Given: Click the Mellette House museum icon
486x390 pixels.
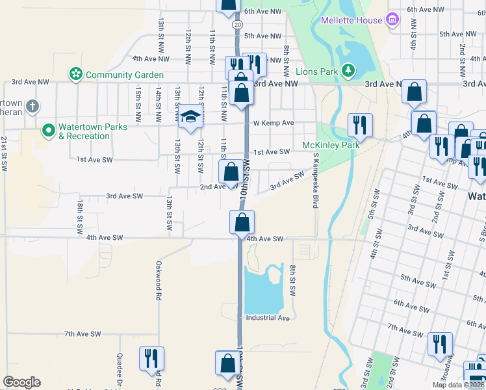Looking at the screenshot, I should pyautogui.click(x=391, y=20).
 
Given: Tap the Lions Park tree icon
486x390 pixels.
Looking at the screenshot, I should pyautogui.click(x=349, y=70).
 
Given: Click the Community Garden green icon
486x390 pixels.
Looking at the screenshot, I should pyautogui.click(x=77, y=75).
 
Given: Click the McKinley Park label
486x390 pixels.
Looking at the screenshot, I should pyautogui.click(x=331, y=145).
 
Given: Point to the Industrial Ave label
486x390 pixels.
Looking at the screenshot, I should pyautogui.click(x=267, y=318).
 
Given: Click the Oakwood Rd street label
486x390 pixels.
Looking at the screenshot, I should pyautogui.click(x=158, y=280).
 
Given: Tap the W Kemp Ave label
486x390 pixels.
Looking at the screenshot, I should pyautogui.click(x=274, y=123).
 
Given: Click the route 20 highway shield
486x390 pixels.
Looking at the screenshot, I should pyautogui.click(x=238, y=23).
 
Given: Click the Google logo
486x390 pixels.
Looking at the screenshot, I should pyautogui.click(x=21, y=382).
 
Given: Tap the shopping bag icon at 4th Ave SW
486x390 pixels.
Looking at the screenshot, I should pyautogui.click(x=241, y=222).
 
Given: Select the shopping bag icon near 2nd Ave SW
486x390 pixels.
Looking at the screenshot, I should pyautogui.click(x=231, y=172).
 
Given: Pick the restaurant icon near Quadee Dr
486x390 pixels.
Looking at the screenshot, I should pyautogui.click(x=151, y=357).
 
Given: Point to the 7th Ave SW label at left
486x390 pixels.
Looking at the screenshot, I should pyautogui.click(x=83, y=333).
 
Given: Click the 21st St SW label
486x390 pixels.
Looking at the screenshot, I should pyautogui.click(x=4, y=154).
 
